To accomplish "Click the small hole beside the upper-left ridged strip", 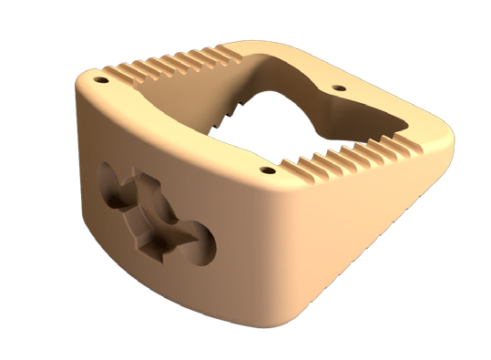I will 99,79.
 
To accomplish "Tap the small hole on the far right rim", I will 340,88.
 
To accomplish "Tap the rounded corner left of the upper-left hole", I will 82,87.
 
